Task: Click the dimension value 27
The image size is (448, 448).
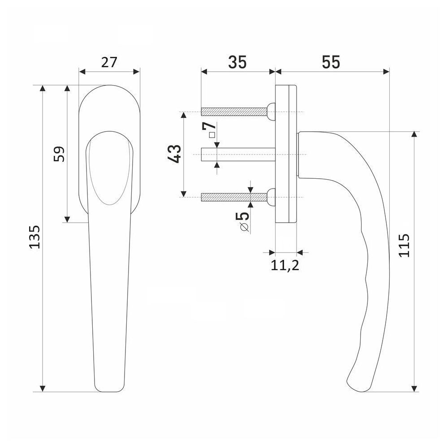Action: [x=109, y=62]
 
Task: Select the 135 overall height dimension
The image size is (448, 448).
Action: [x=35, y=237]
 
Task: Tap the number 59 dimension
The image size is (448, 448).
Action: [x=59, y=154]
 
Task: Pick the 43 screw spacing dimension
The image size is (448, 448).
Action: [x=174, y=154]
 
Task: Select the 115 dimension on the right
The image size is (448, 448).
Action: [x=404, y=246]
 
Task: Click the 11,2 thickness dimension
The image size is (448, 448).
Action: [x=284, y=265]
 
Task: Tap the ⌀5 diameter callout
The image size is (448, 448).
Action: [x=243, y=221]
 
